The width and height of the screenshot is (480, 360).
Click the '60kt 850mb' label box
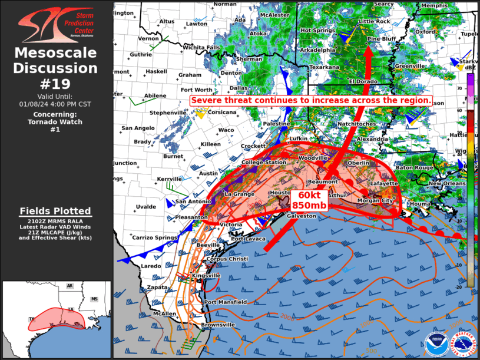click(309, 200)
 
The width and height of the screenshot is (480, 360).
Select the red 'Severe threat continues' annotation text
click(311, 101)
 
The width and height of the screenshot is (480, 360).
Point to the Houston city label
click(280, 193)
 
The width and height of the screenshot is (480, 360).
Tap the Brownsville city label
click(219, 325)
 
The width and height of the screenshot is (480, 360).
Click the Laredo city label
click(151, 266)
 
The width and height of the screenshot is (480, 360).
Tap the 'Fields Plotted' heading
click(55, 211)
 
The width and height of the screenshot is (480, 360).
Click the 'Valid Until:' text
click(55, 96)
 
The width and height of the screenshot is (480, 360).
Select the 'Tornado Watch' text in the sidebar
click(55, 122)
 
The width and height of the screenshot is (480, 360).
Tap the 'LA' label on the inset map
click(69, 309)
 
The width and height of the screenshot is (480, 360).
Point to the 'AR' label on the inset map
click(69, 286)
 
